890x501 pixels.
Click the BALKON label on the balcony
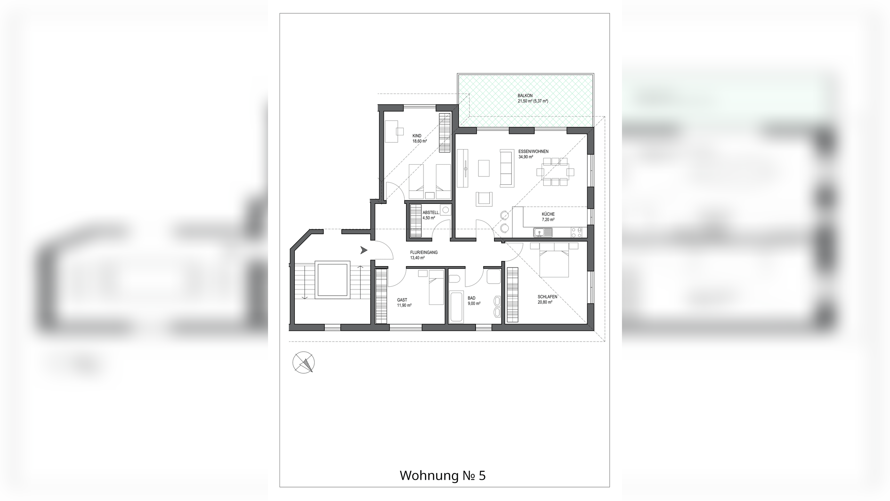tap(525, 96)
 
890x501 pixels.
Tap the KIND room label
tap(417, 136)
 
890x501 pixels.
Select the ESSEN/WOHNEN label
tap(533, 152)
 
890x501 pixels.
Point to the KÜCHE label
tap(548, 214)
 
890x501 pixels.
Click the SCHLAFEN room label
tap(547, 297)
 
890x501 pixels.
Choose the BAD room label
tap(471, 298)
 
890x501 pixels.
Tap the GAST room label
tap(402, 300)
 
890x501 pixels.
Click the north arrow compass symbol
tap(304, 362)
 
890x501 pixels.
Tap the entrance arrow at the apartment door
tap(364, 250)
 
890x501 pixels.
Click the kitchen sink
tap(543, 232)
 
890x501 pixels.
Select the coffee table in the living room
tap(484, 168)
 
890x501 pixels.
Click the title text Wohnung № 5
tap(443, 475)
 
